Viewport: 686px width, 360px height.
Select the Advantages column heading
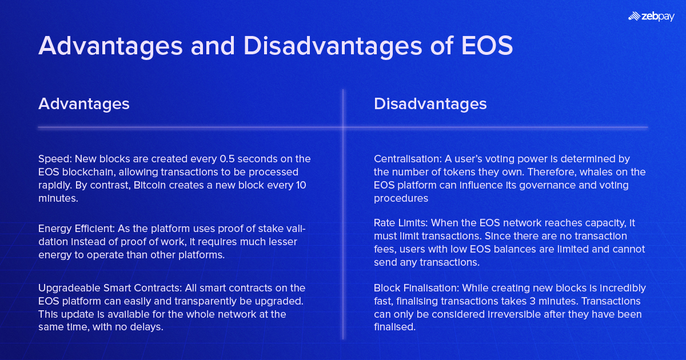click(84, 104)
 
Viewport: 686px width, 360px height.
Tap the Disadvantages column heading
click(430, 104)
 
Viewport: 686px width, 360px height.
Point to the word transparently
click(212, 301)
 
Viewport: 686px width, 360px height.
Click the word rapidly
click(54, 185)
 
